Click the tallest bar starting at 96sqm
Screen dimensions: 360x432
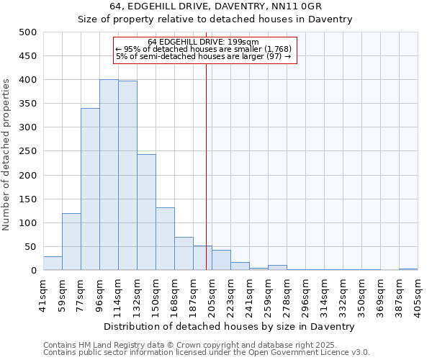109,175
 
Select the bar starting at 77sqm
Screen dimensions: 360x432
90,189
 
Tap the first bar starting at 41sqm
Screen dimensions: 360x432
53,264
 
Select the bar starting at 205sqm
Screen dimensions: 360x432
221,260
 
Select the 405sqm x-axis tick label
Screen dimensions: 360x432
418,294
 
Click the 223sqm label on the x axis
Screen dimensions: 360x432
230,294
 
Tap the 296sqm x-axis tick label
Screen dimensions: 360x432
305,294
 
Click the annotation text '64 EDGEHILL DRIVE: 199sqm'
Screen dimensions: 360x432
204,42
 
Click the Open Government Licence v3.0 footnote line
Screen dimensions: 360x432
207,353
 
